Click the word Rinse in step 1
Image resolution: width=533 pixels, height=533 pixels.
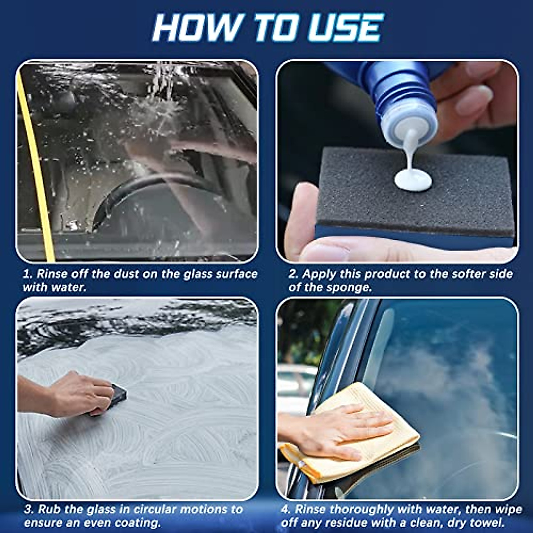pyautogui.click(x=52, y=274)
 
